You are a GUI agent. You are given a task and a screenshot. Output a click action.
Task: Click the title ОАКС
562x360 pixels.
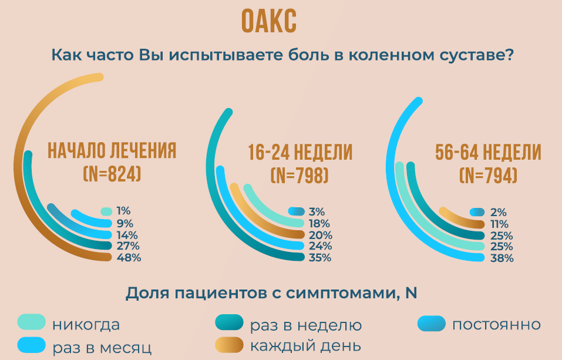tap(269, 21)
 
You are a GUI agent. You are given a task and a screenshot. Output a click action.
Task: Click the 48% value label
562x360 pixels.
tap(129, 257)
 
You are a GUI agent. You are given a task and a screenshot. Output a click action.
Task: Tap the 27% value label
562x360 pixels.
tap(128, 246)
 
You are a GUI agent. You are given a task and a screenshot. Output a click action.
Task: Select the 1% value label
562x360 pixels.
tap(123, 211)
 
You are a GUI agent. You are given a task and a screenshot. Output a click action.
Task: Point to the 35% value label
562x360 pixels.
tap(320, 257)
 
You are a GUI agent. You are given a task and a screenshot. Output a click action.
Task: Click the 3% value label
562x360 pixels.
tap(317, 211)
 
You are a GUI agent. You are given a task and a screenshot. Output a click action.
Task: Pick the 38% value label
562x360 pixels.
tap(502, 258)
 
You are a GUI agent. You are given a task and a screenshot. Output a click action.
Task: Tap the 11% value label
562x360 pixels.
tap(499, 224)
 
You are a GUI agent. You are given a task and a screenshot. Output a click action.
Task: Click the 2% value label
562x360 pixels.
tap(498, 212)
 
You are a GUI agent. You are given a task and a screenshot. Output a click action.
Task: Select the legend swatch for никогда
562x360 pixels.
tap(32, 322)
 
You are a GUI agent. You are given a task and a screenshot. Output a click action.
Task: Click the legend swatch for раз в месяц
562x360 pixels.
tap(32, 345)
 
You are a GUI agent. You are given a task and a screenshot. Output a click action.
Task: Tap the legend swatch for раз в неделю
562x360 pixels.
tap(230, 322)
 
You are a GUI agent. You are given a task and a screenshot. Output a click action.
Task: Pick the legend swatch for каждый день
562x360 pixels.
tap(230, 345)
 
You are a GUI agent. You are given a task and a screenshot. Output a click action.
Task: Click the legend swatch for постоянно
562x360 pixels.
tap(432, 324)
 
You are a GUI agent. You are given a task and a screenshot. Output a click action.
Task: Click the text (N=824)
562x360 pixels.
tap(112, 174)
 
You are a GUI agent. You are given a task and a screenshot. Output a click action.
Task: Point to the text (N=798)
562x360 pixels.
tap(299, 176)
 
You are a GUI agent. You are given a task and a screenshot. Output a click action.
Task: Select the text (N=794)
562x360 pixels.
tap(488, 176)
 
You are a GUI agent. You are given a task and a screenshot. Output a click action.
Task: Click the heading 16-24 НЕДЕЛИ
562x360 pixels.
tap(300, 152)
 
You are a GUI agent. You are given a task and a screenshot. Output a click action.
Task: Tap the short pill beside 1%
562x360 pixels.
tap(106, 211)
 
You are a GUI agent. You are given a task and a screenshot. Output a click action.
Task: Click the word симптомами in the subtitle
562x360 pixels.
tap(342, 294)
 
